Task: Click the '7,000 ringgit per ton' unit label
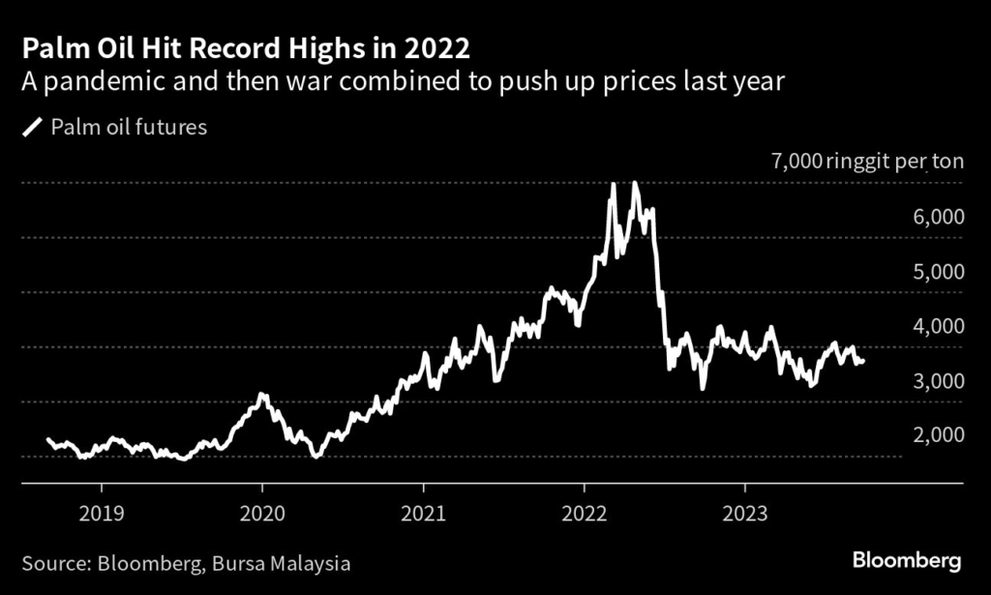click(867, 161)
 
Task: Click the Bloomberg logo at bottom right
click(907, 560)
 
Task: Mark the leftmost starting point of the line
click(47, 439)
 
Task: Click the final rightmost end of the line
click(863, 361)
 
